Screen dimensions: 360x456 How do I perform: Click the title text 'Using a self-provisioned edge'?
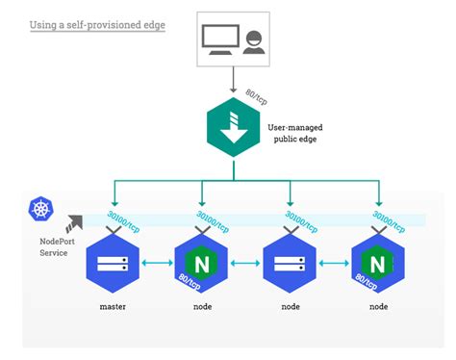pos(97,24)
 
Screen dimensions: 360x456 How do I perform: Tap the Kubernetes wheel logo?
pos(42,209)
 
